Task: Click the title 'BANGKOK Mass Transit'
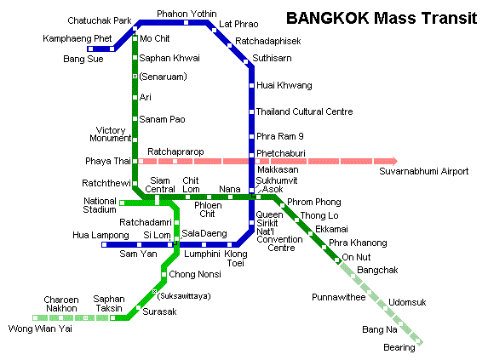pos(382,18)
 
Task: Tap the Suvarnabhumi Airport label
pos(423,171)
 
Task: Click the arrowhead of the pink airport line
pos(395,161)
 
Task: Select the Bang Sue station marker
pos(90,49)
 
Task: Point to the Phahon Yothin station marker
pos(186,22)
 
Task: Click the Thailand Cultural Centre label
pos(304,111)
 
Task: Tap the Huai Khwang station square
pos(251,85)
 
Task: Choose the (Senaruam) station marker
pos(135,76)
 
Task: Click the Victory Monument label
pos(110,134)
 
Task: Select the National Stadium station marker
pos(122,203)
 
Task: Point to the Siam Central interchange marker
pos(157,200)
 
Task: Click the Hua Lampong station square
pos(104,244)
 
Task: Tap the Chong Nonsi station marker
pos(164,275)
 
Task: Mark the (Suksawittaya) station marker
pos(154,291)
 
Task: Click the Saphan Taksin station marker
pos(113,317)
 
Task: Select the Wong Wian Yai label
pos(40,329)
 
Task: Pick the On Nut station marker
pos(337,260)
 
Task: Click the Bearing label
pos(399,347)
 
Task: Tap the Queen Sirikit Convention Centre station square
pos(251,223)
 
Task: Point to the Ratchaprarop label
pos(175,151)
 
